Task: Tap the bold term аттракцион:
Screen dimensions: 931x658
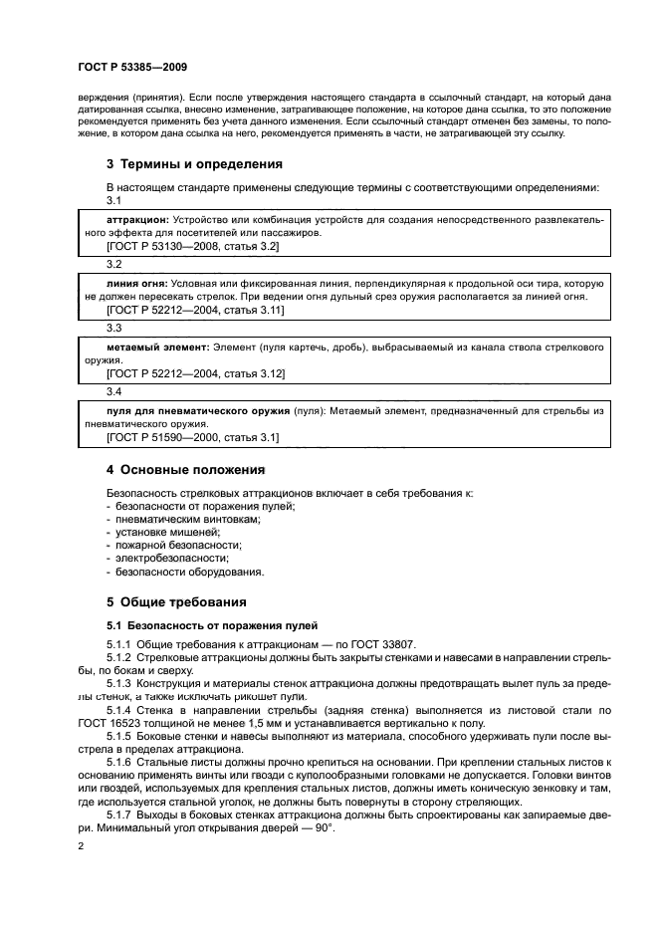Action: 137,218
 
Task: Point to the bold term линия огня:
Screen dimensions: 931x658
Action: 136,283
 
